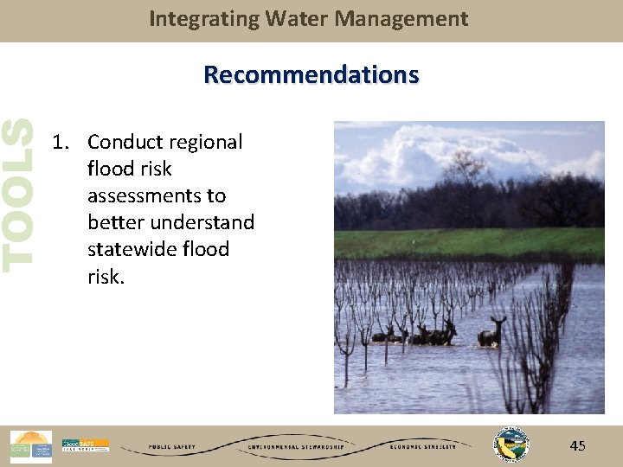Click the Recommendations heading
pyautogui.click(x=311, y=75)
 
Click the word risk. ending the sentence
pyautogui.click(x=106, y=276)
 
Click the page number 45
pyautogui.click(x=577, y=445)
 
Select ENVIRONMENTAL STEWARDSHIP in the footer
pyautogui.click(x=297, y=447)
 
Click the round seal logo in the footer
pyautogui.click(x=509, y=445)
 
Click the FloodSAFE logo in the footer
pyautogui.click(x=85, y=445)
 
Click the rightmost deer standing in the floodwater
pyautogui.click(x=492, y=332)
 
